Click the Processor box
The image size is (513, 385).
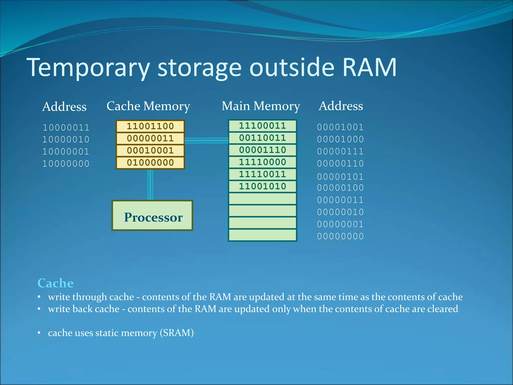[152, 216]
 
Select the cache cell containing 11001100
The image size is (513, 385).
[150, 126]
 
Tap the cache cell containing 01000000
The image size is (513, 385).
[150, 163]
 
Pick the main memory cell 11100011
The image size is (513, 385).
[262, 126]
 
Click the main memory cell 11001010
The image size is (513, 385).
[262, 186]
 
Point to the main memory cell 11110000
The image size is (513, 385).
[262, 162]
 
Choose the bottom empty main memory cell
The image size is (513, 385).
[262, 235]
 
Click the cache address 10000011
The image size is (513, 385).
[66, 128]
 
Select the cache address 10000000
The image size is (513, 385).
[66, 164]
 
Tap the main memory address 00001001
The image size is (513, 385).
[340, 127]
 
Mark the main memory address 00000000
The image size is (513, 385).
[340, 236]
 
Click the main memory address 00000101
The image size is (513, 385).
[340, 177]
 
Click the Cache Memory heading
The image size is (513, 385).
[148, 106]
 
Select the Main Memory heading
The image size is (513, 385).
[261, 106]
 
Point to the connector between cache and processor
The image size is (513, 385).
[150, 185]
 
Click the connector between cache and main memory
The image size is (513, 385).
[206, 140]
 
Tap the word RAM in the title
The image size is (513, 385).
[369, 67]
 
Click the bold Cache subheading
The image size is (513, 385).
[55, 283]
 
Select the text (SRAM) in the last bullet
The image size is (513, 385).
[177, 333]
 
